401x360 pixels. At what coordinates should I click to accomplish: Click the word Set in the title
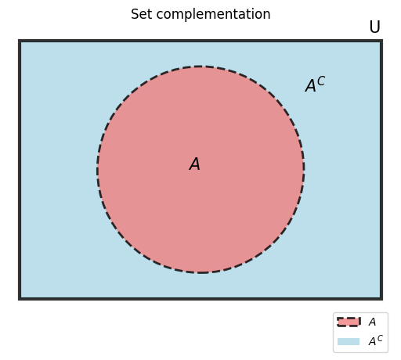tap(141, 14)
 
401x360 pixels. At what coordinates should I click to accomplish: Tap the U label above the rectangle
tap(374, 27)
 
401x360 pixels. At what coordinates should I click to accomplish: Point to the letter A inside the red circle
tap(195, 164)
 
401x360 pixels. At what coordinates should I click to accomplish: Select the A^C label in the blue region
tap(315, 85)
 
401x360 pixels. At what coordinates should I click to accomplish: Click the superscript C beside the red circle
tap(321, 81)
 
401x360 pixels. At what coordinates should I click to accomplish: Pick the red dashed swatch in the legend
tap(349, 322)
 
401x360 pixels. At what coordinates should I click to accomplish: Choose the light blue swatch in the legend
tap(349, 341)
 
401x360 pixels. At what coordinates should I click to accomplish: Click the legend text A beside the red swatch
tap(372, 322)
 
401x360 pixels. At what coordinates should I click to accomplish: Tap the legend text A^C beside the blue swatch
tap(375, 340)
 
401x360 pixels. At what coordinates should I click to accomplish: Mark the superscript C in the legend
tap(380, 338)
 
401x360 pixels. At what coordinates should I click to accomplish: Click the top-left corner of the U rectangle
tap(20, 41)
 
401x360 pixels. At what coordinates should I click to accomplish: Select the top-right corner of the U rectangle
tap(381, 41)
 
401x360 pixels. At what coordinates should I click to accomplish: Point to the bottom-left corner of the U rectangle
tap(20, 299)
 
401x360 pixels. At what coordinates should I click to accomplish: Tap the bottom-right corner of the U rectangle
tap(381, 299)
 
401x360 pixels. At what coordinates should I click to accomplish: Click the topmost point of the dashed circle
tap(200, 67)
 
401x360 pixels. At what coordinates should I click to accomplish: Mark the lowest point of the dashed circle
tap(200, 272)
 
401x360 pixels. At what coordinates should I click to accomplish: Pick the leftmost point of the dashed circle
tap(97, 170)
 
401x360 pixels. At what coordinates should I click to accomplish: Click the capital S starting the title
tap(135, 14)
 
